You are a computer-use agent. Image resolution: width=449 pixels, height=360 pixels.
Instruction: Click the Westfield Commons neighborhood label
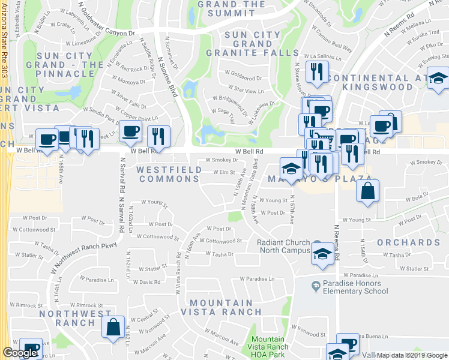[x=168, y=175]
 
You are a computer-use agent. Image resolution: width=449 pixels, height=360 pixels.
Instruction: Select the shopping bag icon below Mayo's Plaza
[x=367, y=192]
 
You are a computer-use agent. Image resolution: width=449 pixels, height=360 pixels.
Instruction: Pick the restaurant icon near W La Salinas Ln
[x=315, y=73]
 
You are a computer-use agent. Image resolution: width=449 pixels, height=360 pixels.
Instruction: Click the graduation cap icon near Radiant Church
[x=322, y=254]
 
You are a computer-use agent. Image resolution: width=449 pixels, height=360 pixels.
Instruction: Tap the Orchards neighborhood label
[x=408, y=242]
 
